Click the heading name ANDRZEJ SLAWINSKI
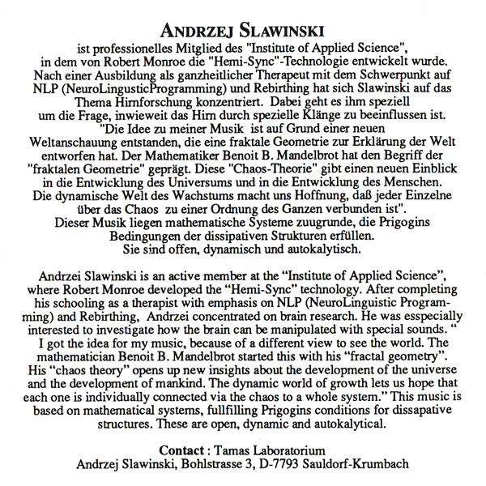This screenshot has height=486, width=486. pos(243,30)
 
